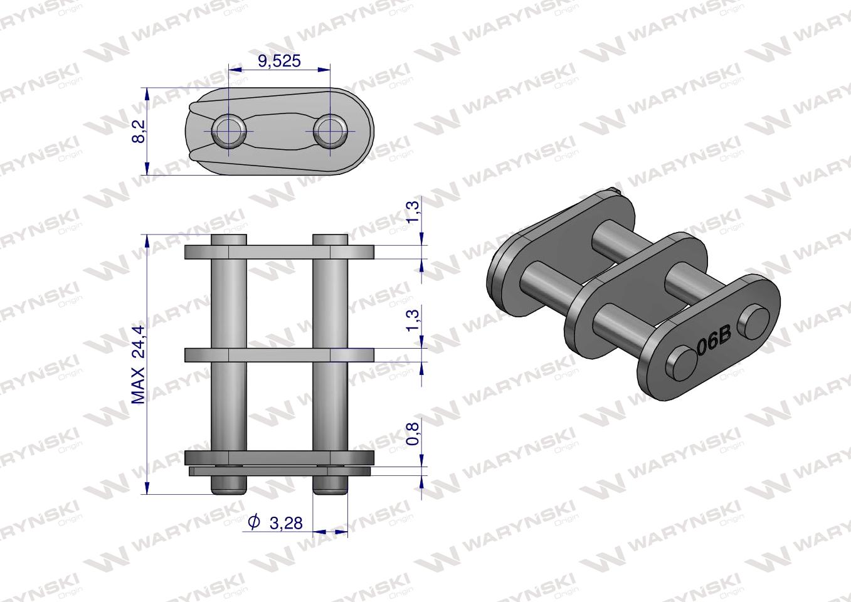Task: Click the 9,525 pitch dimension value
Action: [x=280, y=61]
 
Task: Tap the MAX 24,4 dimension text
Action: [x=139, y=364]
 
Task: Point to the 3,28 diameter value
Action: [x=285, y=522]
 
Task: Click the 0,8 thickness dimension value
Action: [x=414, y=433]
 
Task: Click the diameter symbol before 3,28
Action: [x=253, y=522]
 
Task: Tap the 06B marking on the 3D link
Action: [x=714, y=342]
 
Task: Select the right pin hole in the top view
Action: [x=329, y=130]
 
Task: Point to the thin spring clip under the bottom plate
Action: [x=279, y=470]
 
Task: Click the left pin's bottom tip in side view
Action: [x=228, y=487]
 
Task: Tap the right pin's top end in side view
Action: [x=330, y=240]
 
